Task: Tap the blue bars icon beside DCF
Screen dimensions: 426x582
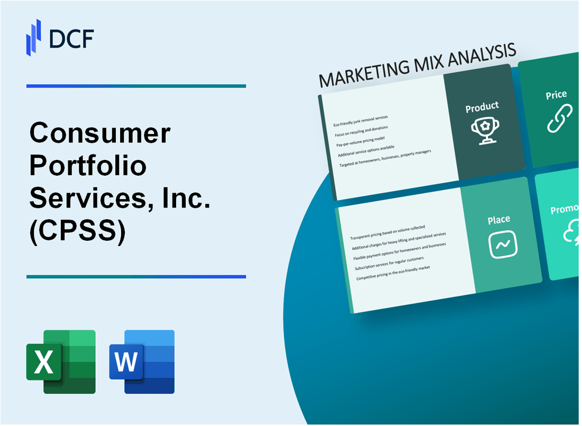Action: pos(34,37)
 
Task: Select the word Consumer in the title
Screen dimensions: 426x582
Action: pos(100,133)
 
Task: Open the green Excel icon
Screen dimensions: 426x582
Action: pos(61,361)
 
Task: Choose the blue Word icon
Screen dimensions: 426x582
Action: pos(142,361)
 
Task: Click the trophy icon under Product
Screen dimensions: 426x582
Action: pos(483,130)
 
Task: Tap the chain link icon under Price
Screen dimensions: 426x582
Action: pos(559,119)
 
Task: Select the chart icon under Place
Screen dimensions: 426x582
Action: pos(503,244)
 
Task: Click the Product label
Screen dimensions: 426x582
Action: pos(482,107)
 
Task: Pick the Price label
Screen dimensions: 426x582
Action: pos(556,95)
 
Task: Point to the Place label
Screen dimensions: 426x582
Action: pos(499,219)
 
